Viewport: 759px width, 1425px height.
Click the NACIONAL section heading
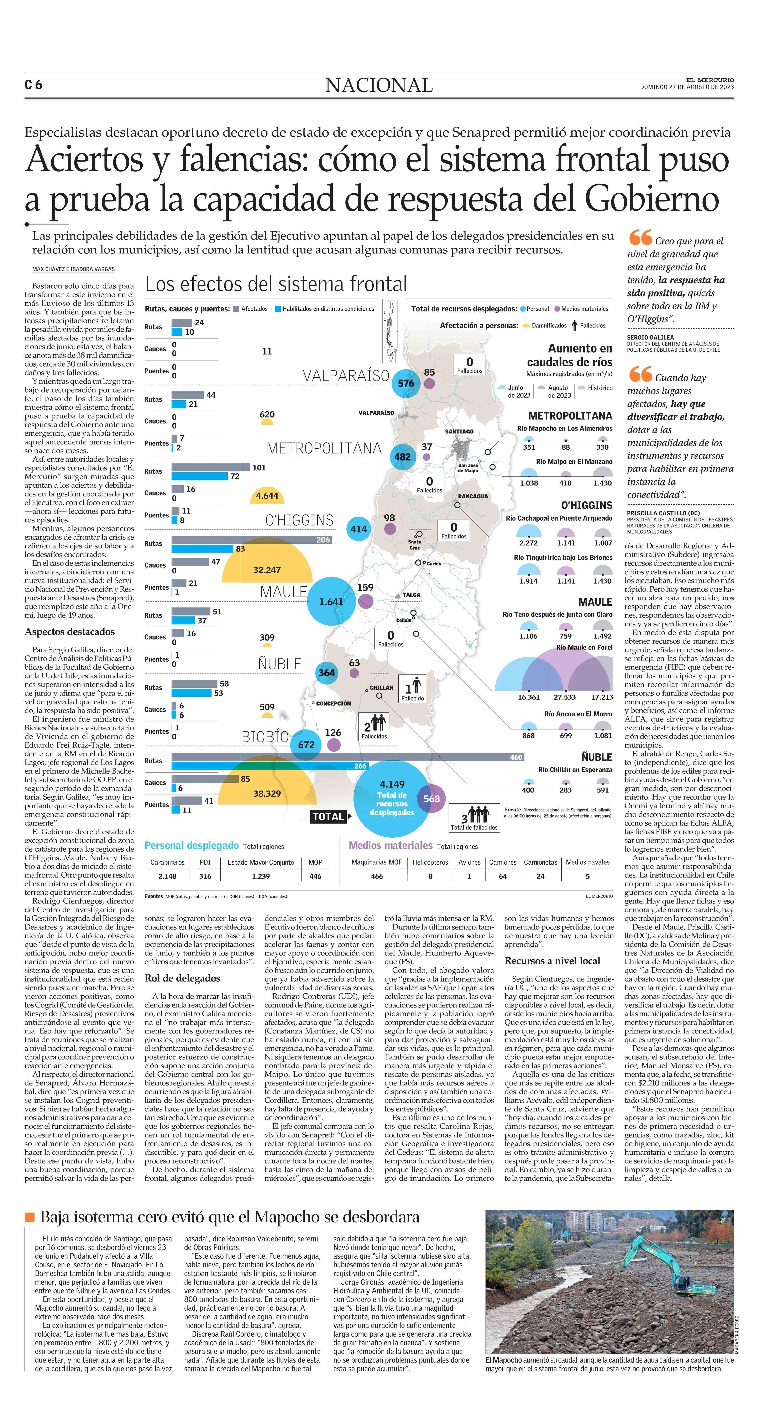coord(379,85)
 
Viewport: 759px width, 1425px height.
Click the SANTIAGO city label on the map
coord(459,431)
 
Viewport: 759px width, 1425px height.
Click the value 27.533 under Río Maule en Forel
coord(565,697)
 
